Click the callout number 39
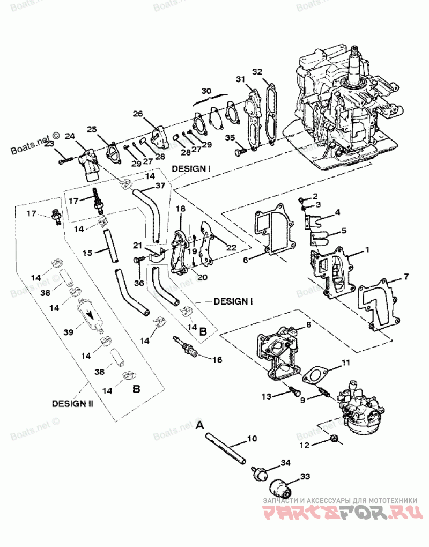[68, 332]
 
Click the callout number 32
[257, 72]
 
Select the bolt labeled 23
[64, 159]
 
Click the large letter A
[200, 425]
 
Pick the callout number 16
[217, 359]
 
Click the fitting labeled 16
[187, 347]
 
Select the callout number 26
[138, 114]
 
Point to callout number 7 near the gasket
[405, 277]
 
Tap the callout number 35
[230, 138]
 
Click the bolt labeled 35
[240, 152]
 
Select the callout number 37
[160, 186]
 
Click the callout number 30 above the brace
[207, 90]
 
